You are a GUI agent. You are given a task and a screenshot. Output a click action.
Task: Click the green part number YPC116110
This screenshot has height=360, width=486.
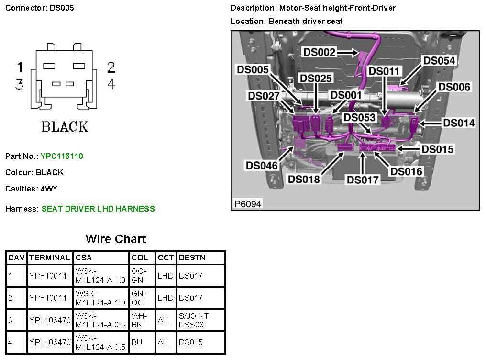point(62,156)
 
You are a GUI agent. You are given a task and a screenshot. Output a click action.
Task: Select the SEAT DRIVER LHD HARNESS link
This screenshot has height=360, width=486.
point(98,209)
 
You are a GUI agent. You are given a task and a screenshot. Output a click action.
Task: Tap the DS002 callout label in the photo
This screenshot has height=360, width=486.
point(320,52)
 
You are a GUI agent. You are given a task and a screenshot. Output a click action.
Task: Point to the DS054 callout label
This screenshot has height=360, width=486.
point(439,60)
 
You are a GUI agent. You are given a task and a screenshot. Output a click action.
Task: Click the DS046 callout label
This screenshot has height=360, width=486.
point(262,166)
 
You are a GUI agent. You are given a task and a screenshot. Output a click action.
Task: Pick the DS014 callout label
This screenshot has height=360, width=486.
point(459,123)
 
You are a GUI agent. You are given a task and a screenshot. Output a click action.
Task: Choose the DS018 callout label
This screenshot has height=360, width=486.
point(304,179)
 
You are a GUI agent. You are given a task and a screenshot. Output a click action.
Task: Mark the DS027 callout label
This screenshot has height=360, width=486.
point(264,96)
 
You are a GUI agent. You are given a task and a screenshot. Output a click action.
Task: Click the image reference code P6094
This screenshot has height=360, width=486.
point(248,204)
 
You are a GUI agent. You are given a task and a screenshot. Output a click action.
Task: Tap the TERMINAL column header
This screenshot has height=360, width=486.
point(50,258)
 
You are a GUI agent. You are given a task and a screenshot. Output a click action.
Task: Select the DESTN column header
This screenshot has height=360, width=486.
point(192,258)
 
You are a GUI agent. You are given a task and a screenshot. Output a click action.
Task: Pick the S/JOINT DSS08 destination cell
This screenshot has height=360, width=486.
point(194,320)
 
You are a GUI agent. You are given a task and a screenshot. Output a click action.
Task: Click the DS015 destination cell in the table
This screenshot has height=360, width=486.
point(190,342)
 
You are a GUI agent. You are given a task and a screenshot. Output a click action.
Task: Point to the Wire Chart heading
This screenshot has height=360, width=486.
point(116,239)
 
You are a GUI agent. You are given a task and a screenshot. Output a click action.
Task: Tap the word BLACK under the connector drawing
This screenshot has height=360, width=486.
point(65,127)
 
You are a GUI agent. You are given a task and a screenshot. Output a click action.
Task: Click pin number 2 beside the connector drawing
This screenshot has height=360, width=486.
point(111,67)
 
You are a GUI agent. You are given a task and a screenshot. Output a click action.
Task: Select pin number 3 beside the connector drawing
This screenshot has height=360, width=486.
point(20,85)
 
